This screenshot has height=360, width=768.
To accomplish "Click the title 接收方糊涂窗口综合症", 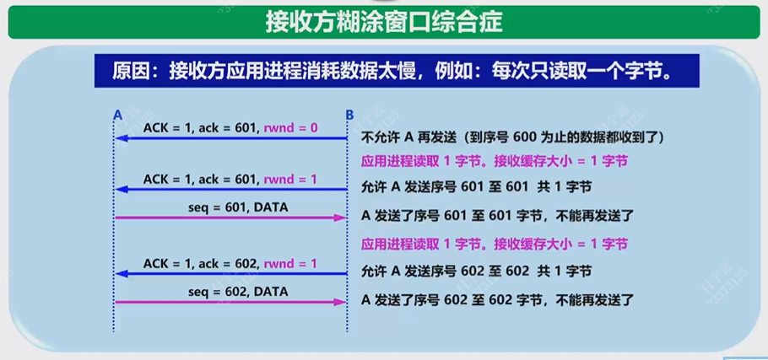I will (x=383, y=20).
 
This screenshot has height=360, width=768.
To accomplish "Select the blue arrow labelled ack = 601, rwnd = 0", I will (x=231, y=138).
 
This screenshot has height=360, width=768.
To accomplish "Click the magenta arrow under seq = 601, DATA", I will (x=231, y=218).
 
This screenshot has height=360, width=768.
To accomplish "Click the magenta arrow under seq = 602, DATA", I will (x=231, y=302).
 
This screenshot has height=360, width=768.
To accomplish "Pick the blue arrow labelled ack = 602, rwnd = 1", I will (x=231, y=273).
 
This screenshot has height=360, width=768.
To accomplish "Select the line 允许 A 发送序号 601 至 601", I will (x=476, y=187).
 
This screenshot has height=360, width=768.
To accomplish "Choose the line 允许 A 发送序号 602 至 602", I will (x=476, y=271).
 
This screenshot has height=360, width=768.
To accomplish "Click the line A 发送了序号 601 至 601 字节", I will (x=497, y=215).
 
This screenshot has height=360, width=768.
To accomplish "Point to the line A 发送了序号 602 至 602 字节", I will (x=497, y=299).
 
